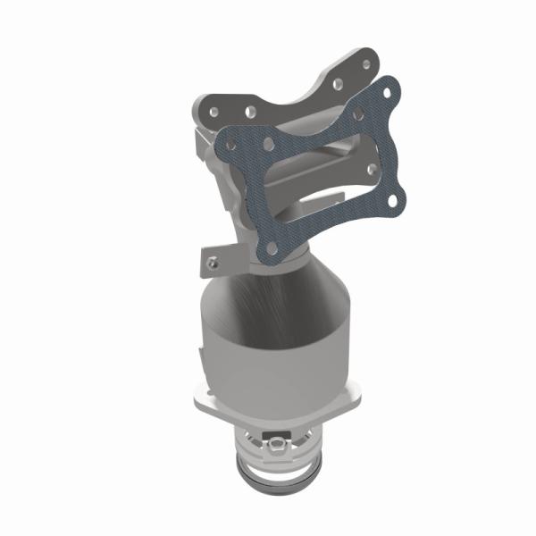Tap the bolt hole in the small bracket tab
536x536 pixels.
pyautogui.click(x=212, y=263)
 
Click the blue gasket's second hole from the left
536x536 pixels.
pyautogui.click(x=270, y=140)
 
